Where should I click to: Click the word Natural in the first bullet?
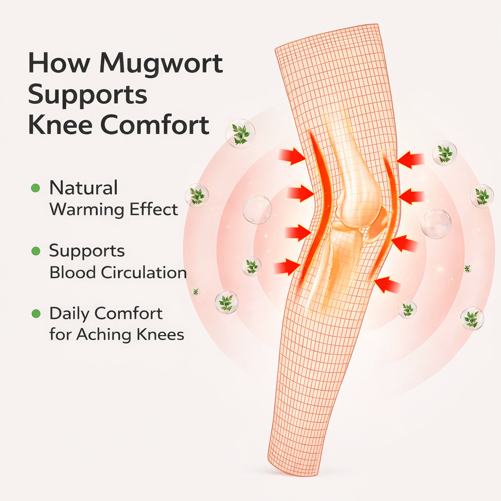84,188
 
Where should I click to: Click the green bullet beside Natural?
35,188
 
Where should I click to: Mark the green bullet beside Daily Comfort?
35,314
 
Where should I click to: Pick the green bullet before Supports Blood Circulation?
35,251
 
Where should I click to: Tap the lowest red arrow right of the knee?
387,285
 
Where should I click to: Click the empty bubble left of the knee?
257,209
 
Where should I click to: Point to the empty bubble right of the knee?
436,224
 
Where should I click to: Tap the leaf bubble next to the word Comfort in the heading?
240,133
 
